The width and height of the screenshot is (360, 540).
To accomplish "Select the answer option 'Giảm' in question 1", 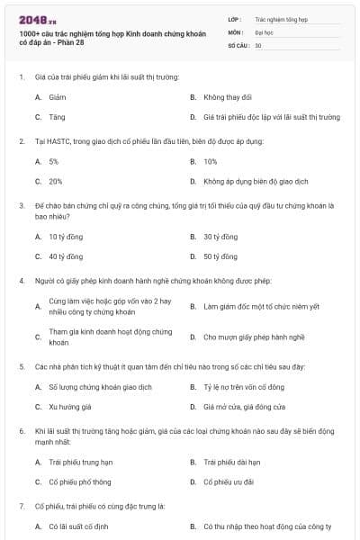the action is (57, 96).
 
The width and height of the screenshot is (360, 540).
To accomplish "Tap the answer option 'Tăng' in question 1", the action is (57, 117).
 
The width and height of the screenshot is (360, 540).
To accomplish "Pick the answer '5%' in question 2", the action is (54, 161).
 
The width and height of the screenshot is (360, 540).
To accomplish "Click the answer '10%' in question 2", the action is (210, 161).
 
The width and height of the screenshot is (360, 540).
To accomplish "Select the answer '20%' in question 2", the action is (55, 181).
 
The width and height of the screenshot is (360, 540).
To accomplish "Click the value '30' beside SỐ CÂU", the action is (258, 44).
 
